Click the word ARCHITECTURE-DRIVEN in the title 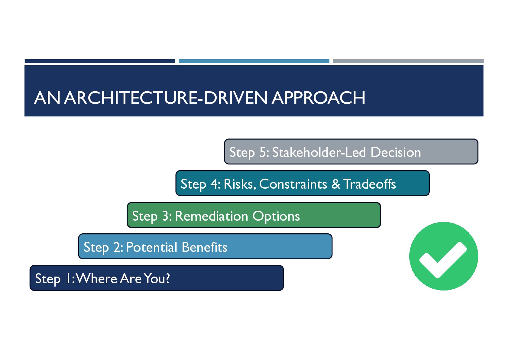(x=166, y=98)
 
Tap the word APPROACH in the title (x=318, y=98)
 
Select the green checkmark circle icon (x=443, y=256)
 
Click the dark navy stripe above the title (x=100, y=61)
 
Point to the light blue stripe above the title (x=254, y=61)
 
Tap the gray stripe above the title (x=408, y=61)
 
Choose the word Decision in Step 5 (x=396, y=152)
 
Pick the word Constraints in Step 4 (x=293, y=184)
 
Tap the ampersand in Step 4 (x=336, y=184)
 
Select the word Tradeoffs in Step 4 (x=370, y=184)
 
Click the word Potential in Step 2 (x=151, y=247)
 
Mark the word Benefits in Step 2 (x=204, y=247)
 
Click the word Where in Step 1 (x=96, y=279)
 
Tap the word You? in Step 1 (x=157, y=279)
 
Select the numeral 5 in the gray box (x=263, y=152)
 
